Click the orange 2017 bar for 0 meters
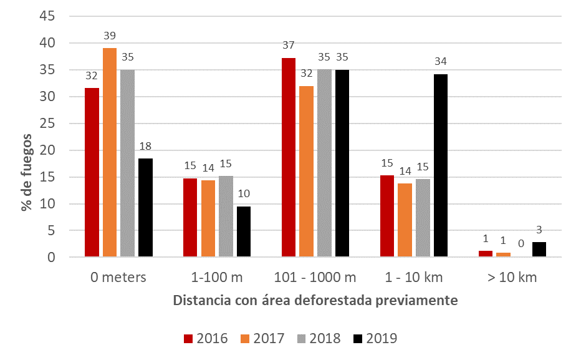[x=110, y=152]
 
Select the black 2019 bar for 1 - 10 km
[x=441, y=165]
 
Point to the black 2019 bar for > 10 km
[x=539, y=249]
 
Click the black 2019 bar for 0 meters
[x=145, y=207]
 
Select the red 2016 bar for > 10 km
[x=486, y=253]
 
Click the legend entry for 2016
[x=206, y=339]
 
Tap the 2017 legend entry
[x=262, y=339]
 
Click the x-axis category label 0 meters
[x=118, y=277]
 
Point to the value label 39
[x=110, y=36]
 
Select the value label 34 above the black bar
[x=441, y=61]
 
